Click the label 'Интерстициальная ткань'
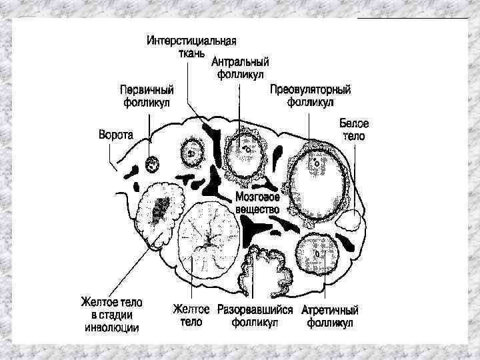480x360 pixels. [192, 46]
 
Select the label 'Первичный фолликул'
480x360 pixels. [147, 96]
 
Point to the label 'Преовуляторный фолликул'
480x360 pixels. [310, 96]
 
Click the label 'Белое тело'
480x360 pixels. [354, 129]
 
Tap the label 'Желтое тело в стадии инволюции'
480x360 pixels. [112, 315]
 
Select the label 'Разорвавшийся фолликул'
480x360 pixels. [255, 316]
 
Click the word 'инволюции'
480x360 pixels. [112, 327]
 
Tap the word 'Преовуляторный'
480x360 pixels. [310, 90]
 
